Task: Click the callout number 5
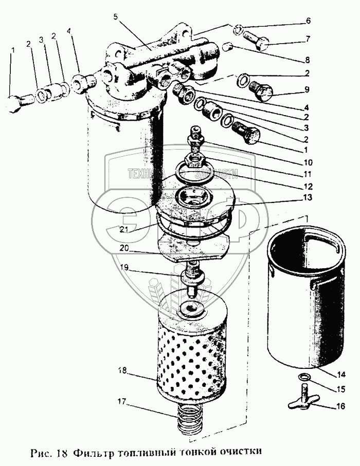(116, 16)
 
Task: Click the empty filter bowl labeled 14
(306, 298)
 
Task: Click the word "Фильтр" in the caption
(91, 452)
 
